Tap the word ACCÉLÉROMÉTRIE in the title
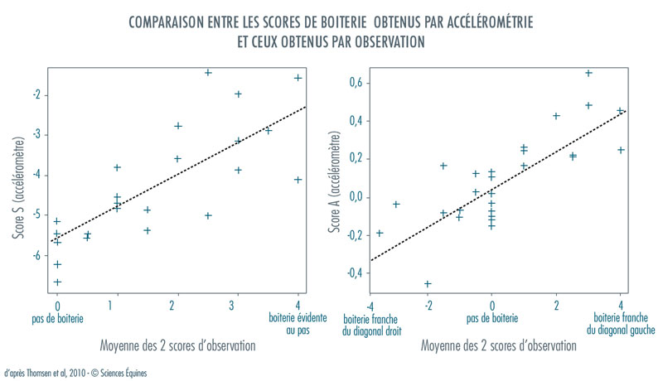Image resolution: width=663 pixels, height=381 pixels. [485, 22]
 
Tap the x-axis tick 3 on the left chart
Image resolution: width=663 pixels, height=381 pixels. [238, 306]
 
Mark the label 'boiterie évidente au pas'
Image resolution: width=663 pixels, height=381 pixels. [298, 322]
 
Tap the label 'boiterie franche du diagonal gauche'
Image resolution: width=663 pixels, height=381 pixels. [622, 324]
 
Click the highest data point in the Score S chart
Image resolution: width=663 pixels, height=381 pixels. [208, 73]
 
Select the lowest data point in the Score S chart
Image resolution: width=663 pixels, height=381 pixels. [57, 282]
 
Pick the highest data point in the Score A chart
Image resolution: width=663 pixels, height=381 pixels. [588, 73]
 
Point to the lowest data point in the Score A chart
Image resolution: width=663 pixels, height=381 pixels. [428, 284]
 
